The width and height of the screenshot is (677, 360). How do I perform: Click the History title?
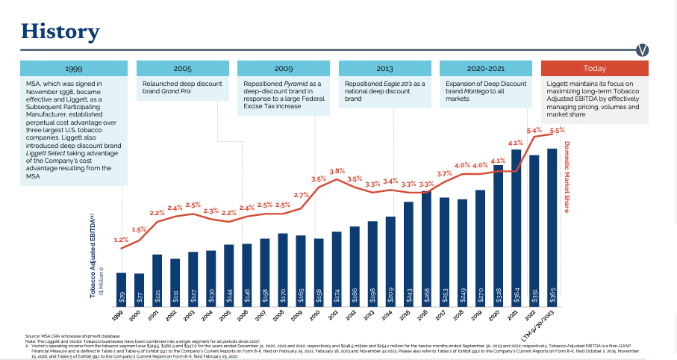tap(60, 31)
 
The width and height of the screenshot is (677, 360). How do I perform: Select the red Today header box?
tap(594, 68)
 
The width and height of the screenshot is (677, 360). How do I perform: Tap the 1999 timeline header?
tap(73, 68)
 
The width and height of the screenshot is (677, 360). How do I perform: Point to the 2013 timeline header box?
tap(384, 68)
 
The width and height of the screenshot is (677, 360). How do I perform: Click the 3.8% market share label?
tap(337, 171)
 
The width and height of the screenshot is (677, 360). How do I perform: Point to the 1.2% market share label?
tap(121, 240)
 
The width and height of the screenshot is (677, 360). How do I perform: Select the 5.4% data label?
tap(534, 130)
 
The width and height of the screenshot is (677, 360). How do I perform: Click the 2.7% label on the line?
tap(301, 195)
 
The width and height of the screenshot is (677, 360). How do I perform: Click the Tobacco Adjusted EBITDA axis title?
tap(93, 254)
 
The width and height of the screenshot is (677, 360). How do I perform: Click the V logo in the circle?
tap(643, 50)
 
